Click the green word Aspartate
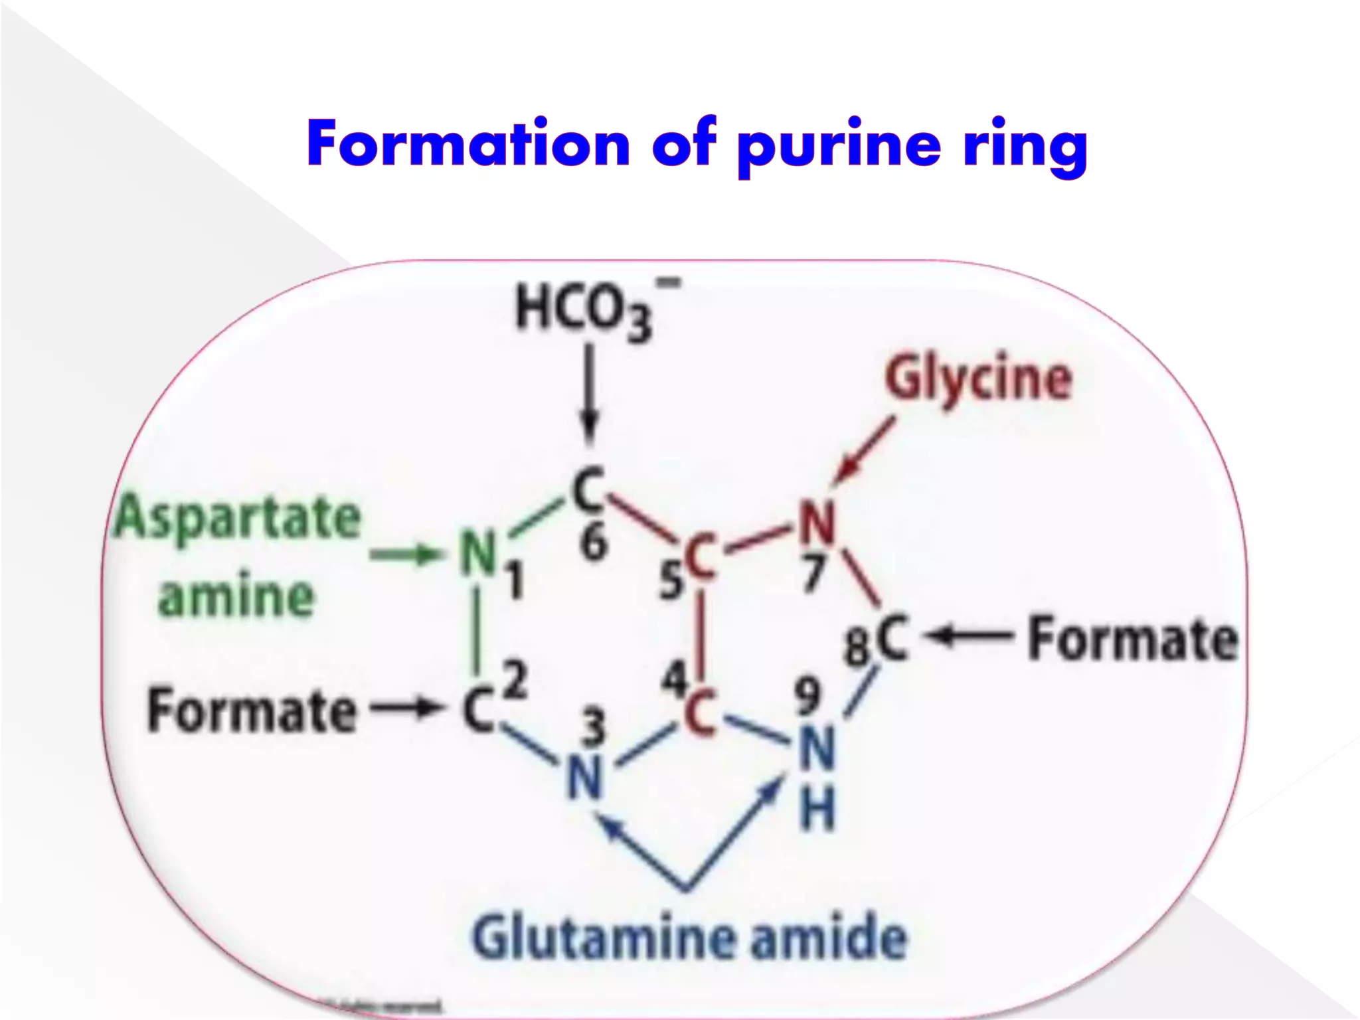point(237,520)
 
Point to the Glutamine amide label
point(689,937)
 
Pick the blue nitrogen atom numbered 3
point(584,778)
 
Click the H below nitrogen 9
point(817,811)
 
